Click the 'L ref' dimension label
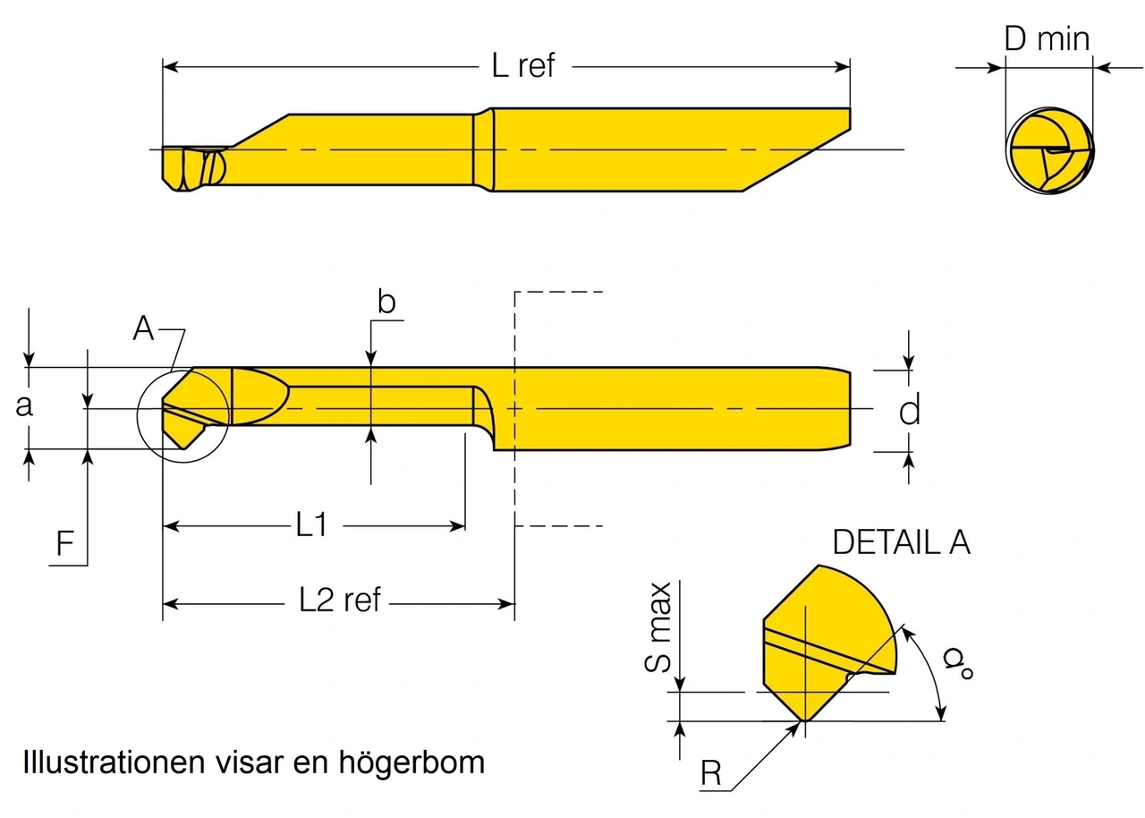tap(523, 66)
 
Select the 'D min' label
tap(1047, 38)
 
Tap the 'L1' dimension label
tap(311, 524)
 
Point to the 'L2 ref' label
tap(340, 600)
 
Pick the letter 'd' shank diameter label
tap(910, 410)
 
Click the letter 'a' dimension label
tap(24, 406)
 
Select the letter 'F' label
tap(65, 543)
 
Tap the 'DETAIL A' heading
tap(902, 542)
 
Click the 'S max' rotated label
tap(657, 627)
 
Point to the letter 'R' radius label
tap(711, 773)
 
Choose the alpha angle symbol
tap(958, 662)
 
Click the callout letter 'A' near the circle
tap(143, 328)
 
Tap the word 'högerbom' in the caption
tap(411, 763)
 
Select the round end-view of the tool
tap(1050, 150)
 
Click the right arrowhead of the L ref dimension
tap(843, 67)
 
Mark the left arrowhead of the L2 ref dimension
tap(171, 604)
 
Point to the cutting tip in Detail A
tap(804, 720)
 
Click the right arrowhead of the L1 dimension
tap(457, 525)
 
